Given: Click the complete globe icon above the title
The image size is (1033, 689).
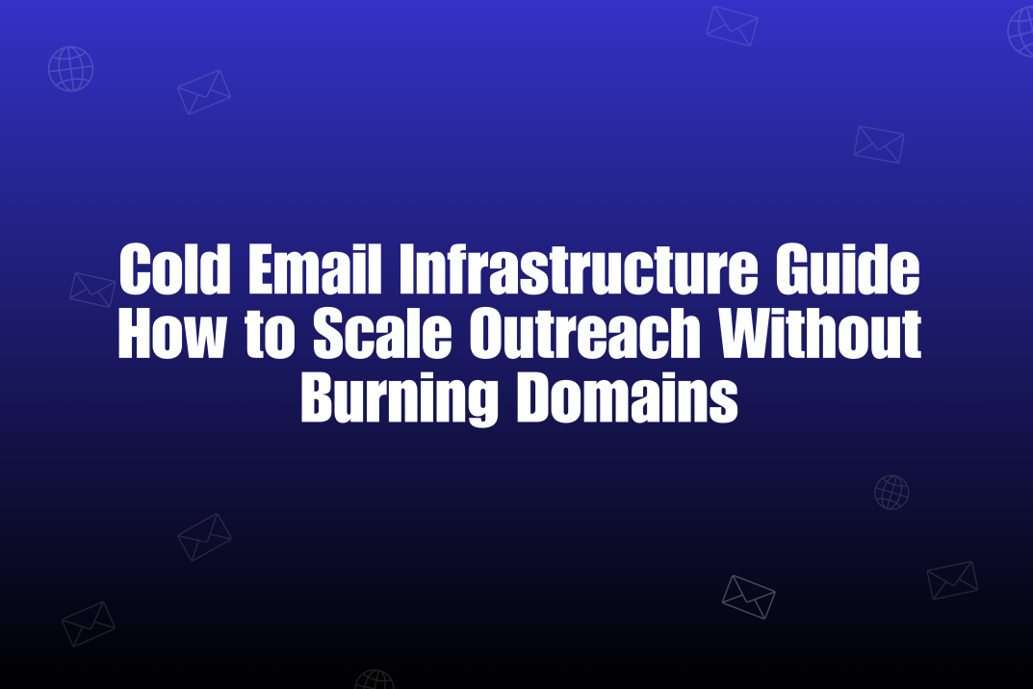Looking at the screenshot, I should point(71,68).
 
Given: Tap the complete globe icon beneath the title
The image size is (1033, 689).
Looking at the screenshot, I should point(891,493).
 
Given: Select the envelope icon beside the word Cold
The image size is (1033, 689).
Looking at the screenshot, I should point(92,289).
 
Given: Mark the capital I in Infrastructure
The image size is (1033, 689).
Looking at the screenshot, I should point(406,272).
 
